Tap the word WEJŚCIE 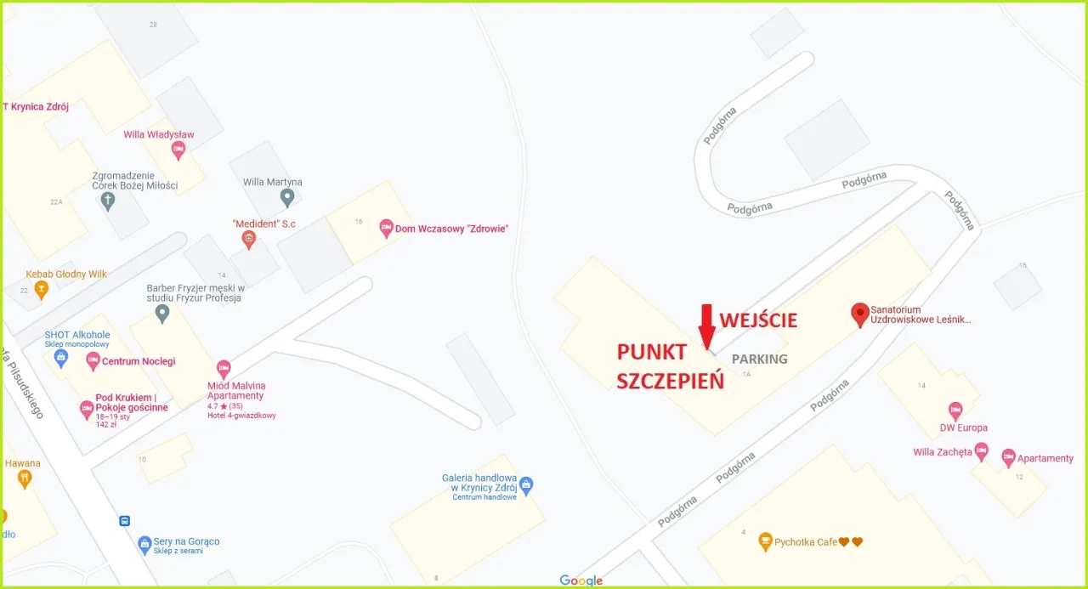pos(759,320)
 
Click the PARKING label pos(759,359)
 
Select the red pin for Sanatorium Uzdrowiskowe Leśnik pos(860,314)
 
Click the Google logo pos(581,581)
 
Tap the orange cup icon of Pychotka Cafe pos(765,541)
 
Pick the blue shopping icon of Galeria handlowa pos(526,485)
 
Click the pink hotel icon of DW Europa pos(955,411)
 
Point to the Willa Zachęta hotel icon pos(982,450)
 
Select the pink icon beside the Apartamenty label pos(1009,457)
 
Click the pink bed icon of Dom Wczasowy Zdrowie pos(386,228)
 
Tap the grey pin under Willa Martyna pos(287,197)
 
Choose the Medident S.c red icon pos(248,240)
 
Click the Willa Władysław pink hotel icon pos(178,150)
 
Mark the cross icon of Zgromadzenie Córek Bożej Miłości pos(107,201)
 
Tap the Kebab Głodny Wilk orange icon pos(41,289)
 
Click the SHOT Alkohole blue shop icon pos(61,357)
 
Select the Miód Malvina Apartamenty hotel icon pos(224,369)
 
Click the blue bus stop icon pos(125,521)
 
